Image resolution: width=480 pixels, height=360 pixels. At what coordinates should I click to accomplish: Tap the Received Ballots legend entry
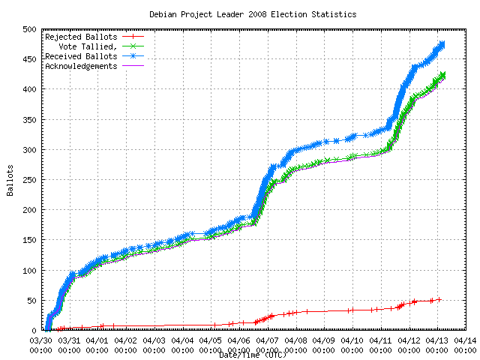pyautogui.click(x=81, y=56)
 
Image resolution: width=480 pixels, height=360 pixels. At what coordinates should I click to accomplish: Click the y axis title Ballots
pyautogui.click(x=10, y=180)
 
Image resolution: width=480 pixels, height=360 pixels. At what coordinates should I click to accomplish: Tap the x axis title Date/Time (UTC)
pyautogui.click(x=253, y=354)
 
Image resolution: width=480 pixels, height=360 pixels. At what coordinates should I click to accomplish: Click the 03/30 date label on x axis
pyautogui.click(x=40, y=340)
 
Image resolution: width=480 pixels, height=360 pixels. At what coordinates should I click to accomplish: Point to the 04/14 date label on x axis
pyautogui.click(x=466, y=340)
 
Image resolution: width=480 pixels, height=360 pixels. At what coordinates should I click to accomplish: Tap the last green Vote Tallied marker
pyautogui.click(x=442, y=74)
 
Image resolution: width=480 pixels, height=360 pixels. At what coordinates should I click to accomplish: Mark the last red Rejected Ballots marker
pyautogui.click(x=439, y=299)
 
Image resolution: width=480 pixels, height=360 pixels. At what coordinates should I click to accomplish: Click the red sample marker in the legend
pyautogui.click(x=133, y=36)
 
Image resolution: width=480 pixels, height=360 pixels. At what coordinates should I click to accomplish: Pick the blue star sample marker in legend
pyautogui.click(x=133, y=56)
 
